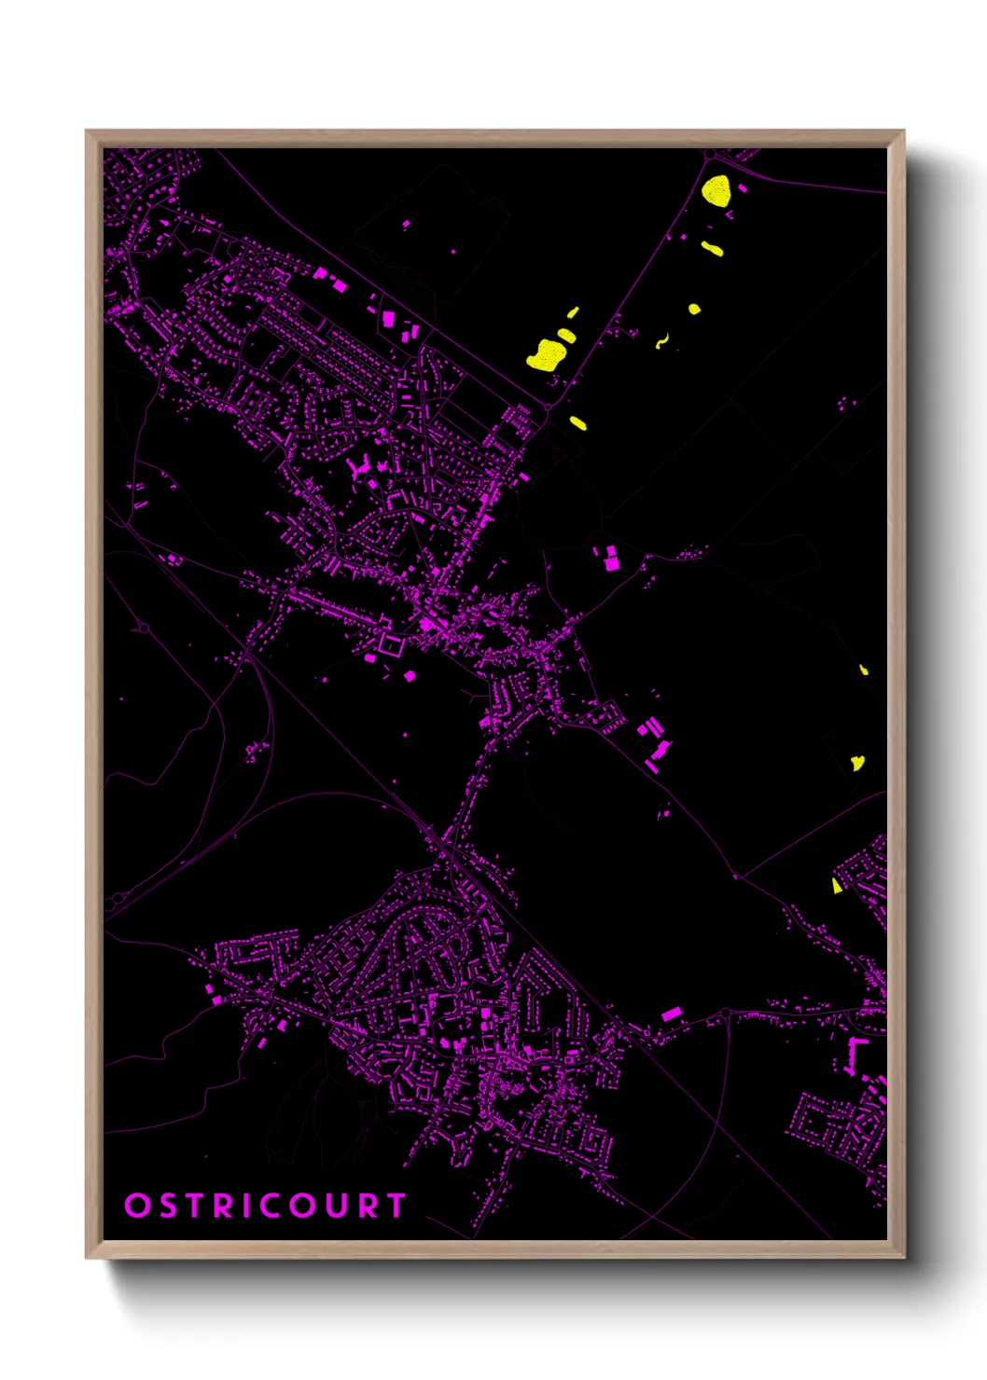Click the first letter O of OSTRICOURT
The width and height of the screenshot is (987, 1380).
137,1206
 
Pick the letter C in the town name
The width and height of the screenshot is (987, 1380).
272,1206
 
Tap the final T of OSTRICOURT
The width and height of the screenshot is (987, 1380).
396,1206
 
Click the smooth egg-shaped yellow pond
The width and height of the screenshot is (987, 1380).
716,190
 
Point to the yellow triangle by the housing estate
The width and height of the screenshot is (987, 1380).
837,885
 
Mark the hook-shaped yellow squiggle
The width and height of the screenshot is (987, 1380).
662,341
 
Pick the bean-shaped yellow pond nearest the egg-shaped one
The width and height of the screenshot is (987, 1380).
713,249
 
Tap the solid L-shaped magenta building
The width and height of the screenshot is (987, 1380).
855,1052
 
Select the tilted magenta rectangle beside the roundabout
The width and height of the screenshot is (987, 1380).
671,1014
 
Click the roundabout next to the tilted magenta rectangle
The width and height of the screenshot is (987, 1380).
725,1014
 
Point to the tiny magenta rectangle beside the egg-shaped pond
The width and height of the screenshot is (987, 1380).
744,188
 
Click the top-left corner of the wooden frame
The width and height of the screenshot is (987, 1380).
88,131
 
